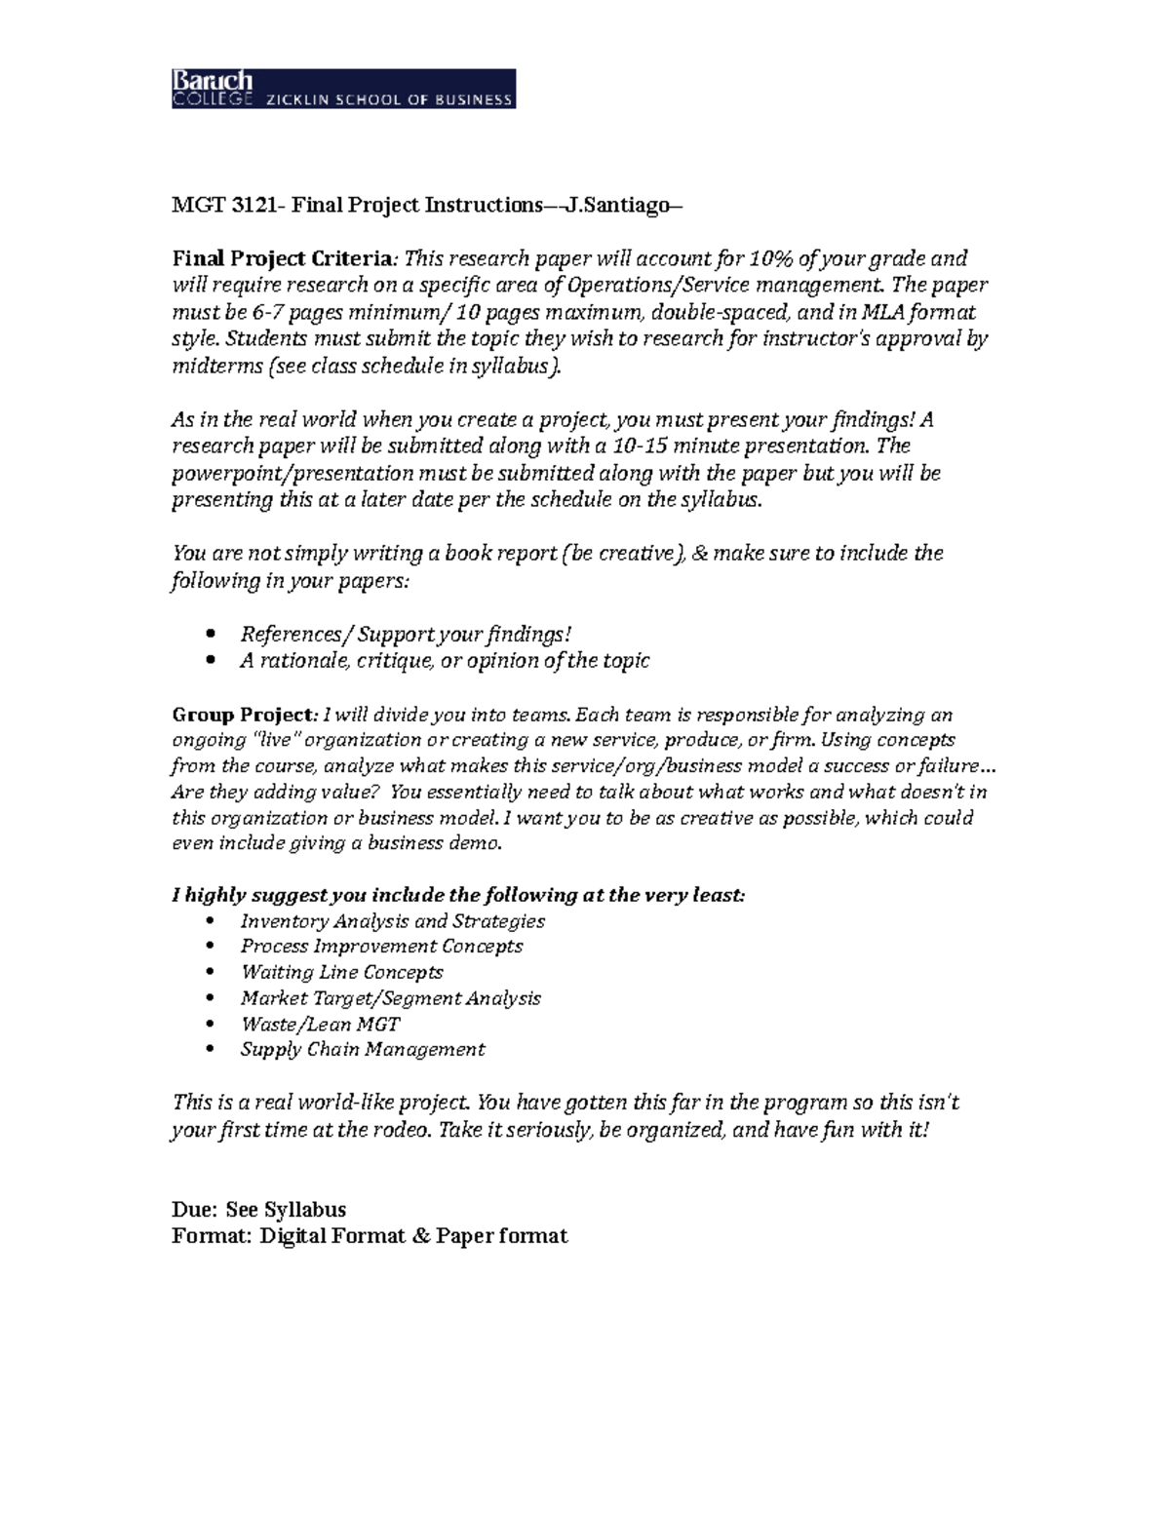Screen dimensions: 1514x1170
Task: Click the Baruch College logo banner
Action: (343, 89)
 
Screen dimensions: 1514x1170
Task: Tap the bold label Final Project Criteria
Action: (282, 258)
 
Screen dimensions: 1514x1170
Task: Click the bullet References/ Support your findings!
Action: (406, 634)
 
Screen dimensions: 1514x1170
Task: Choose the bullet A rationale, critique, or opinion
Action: (445, 660)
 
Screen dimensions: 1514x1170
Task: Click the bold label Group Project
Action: (243, 715)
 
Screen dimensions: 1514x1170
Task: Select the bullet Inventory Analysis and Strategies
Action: (392, 920)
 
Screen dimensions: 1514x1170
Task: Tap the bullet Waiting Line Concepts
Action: (341, 972)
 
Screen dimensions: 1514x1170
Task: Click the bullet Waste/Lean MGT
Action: (320, 1024)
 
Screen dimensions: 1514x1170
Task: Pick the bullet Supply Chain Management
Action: (362, 1049)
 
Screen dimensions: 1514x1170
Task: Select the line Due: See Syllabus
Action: (258, 1209)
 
